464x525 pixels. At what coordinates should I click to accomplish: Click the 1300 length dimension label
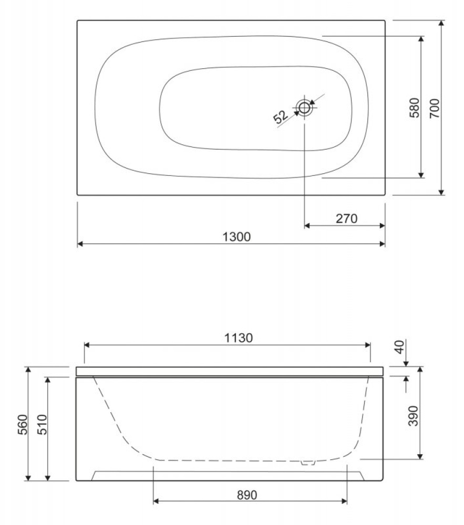[232, 237]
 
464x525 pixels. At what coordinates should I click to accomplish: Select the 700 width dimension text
[434, 108]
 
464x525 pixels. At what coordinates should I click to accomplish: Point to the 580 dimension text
[414, 108]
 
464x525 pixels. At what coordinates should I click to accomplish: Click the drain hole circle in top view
[304, 108]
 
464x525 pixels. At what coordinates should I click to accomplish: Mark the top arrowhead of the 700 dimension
[441, 24]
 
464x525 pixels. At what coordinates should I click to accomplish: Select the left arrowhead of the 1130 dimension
[88, 345]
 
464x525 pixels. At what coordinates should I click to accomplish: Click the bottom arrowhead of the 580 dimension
[421, 174]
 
